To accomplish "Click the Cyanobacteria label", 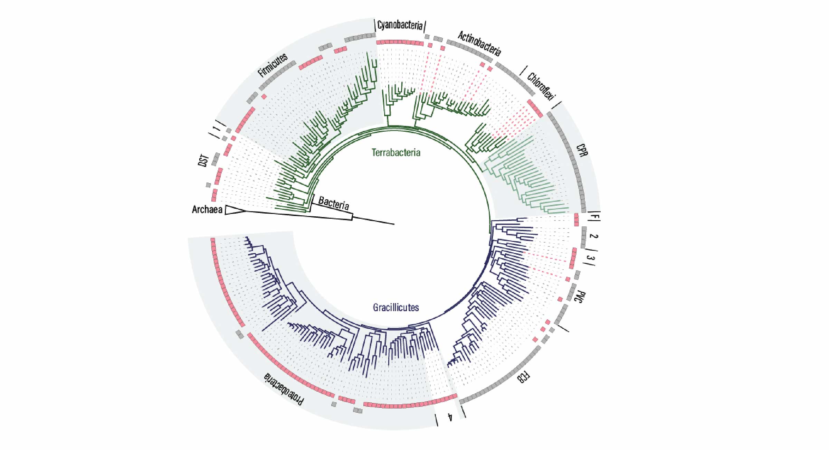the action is (x=400, y=25).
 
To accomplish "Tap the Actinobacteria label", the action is (x=479, y=44).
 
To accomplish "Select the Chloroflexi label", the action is (x=541, y=87).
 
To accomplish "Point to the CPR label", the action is (x=582, y=150).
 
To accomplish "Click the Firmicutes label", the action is (x=273, y=65).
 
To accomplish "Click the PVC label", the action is (x=580, y=297).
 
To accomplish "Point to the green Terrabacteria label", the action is (x=396, y=152).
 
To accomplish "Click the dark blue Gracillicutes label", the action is (x=396, y=307).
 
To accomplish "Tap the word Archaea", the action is (x=207, y=209).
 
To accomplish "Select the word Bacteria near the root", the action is (x=334, y=203).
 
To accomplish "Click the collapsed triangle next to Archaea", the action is (x=235, y=210).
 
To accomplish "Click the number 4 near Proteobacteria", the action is (x=450, y=417).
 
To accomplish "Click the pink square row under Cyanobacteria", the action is (x=400, y=43).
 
